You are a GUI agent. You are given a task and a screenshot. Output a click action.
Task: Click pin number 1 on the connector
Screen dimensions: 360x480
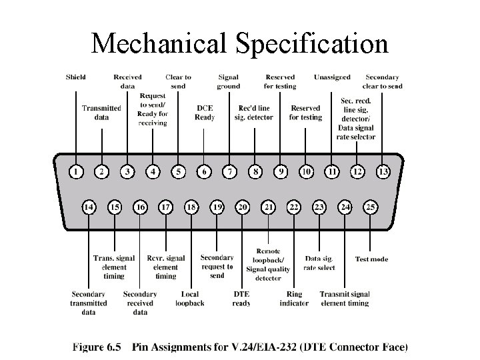point(77,172)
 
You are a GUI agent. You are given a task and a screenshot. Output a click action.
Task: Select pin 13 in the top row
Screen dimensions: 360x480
point(383,172)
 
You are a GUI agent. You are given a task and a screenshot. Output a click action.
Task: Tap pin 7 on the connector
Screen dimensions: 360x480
point(230,172)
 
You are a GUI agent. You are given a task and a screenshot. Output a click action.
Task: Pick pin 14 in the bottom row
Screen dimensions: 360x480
point(89,207)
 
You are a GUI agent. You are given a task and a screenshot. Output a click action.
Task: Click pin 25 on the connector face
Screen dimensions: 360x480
point(371,207)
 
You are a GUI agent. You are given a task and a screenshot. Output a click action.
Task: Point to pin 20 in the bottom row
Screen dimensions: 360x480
point(243,207)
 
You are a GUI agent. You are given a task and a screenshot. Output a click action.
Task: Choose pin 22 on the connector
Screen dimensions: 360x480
point(294,207)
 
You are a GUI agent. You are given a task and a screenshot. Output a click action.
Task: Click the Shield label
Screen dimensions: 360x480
point(75,77)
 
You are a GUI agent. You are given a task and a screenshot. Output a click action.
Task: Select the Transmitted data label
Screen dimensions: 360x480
point(101,113)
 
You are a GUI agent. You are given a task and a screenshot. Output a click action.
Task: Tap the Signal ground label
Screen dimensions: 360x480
point(229,81)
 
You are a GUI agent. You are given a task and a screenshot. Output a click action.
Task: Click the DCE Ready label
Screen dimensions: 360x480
point(205,113)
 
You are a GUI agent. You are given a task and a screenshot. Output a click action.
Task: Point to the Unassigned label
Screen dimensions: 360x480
point(333,77)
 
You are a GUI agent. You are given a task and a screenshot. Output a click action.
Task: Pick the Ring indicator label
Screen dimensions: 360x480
point(294,299)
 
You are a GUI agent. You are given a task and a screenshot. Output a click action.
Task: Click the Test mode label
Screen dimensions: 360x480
point(371,259)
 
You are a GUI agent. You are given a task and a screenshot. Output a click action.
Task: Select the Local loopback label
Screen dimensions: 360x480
point(190,299)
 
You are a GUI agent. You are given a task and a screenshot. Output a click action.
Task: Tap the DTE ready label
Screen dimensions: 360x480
point(241,299)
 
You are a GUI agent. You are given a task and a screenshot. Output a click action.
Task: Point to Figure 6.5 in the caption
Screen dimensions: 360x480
point(99,347)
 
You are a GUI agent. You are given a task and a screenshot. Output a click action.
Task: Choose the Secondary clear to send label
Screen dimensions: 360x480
point(383,81)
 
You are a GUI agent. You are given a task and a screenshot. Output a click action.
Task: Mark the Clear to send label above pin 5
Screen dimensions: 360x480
point(178,81)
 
